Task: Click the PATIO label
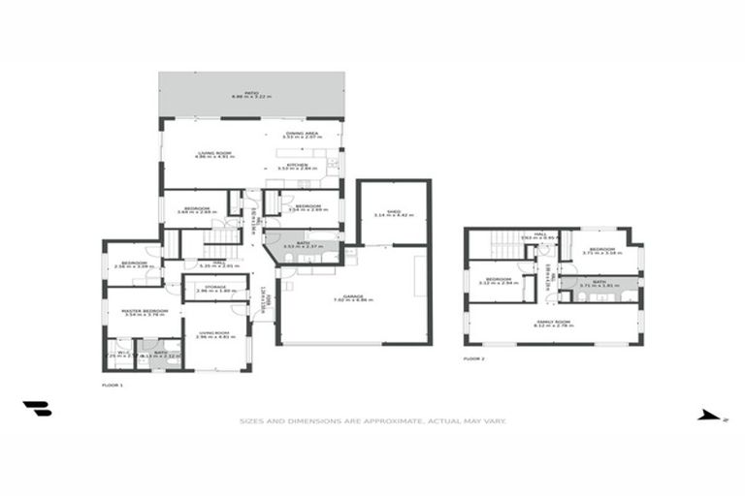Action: coord(251,93)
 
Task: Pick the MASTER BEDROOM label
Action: coord(145,310)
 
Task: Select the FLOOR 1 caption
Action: coord(113,386)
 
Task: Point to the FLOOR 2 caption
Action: coord(473,357)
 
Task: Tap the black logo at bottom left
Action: coord(37,409)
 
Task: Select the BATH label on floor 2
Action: coord(599,283)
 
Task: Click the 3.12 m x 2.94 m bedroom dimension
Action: coord(497,283)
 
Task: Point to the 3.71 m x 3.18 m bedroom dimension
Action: coord(600,254)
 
